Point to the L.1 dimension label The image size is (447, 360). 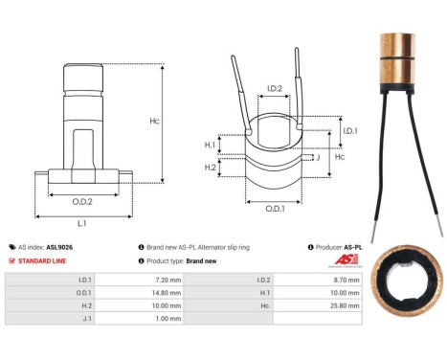81,222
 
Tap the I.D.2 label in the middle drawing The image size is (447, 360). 274,89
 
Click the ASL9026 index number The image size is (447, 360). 60,246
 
